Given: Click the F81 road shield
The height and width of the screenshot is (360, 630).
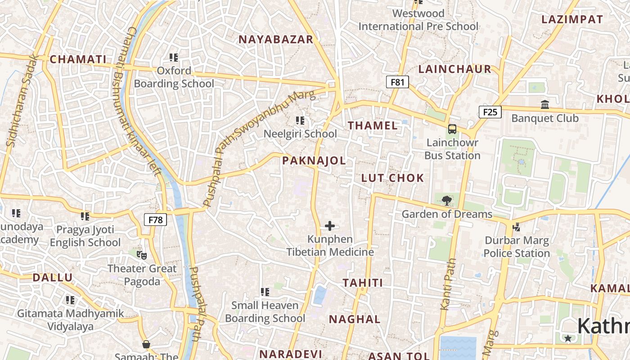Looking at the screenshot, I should pos(397,82).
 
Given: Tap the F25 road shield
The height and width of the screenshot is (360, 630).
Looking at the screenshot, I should pos(490,112).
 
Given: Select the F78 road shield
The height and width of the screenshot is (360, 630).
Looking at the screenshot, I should pos(155,220).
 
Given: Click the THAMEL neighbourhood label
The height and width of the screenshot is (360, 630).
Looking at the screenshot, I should pos(373,126).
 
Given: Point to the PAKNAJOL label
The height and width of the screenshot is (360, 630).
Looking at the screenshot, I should pos(314,161).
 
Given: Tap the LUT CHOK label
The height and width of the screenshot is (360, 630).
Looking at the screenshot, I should pos(392,178).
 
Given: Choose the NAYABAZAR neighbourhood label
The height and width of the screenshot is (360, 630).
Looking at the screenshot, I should pos(276,40).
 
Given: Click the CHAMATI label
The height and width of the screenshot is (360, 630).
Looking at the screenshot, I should pos(78,59).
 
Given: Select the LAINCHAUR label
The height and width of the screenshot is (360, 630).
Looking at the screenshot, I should pos(454,69).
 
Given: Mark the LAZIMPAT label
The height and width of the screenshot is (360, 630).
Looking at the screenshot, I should pos(571,19).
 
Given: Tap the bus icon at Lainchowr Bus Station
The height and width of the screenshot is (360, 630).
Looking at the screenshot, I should pos(452,129).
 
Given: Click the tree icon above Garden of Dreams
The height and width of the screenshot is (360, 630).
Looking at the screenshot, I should pos(446,201).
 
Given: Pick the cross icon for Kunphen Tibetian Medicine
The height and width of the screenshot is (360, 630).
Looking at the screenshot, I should pos(330,226).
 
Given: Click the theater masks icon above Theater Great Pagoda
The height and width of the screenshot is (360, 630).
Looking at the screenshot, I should pos(142,255).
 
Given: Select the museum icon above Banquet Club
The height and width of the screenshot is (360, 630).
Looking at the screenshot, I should pos(545,105).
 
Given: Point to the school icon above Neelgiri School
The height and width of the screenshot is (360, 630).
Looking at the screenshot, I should pos(300,121).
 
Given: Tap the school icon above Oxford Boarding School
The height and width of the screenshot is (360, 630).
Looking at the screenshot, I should pos(174,58).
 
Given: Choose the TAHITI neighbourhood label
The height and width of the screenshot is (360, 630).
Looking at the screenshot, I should pos(363,283).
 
